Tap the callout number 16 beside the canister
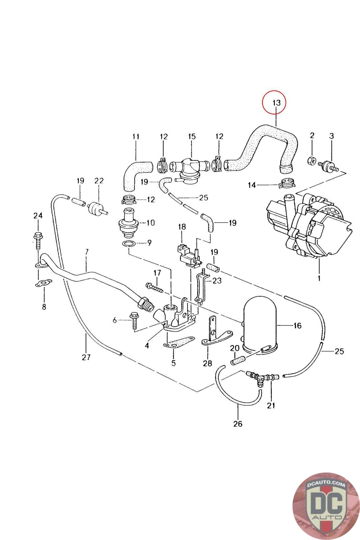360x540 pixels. click(x=297, y=326)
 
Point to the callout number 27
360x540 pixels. click(x=86, y=357)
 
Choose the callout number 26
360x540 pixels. click(x=238, y=424)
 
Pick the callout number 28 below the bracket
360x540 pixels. click(x=207, y=363)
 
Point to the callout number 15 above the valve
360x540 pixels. click(x=192, y=137)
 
